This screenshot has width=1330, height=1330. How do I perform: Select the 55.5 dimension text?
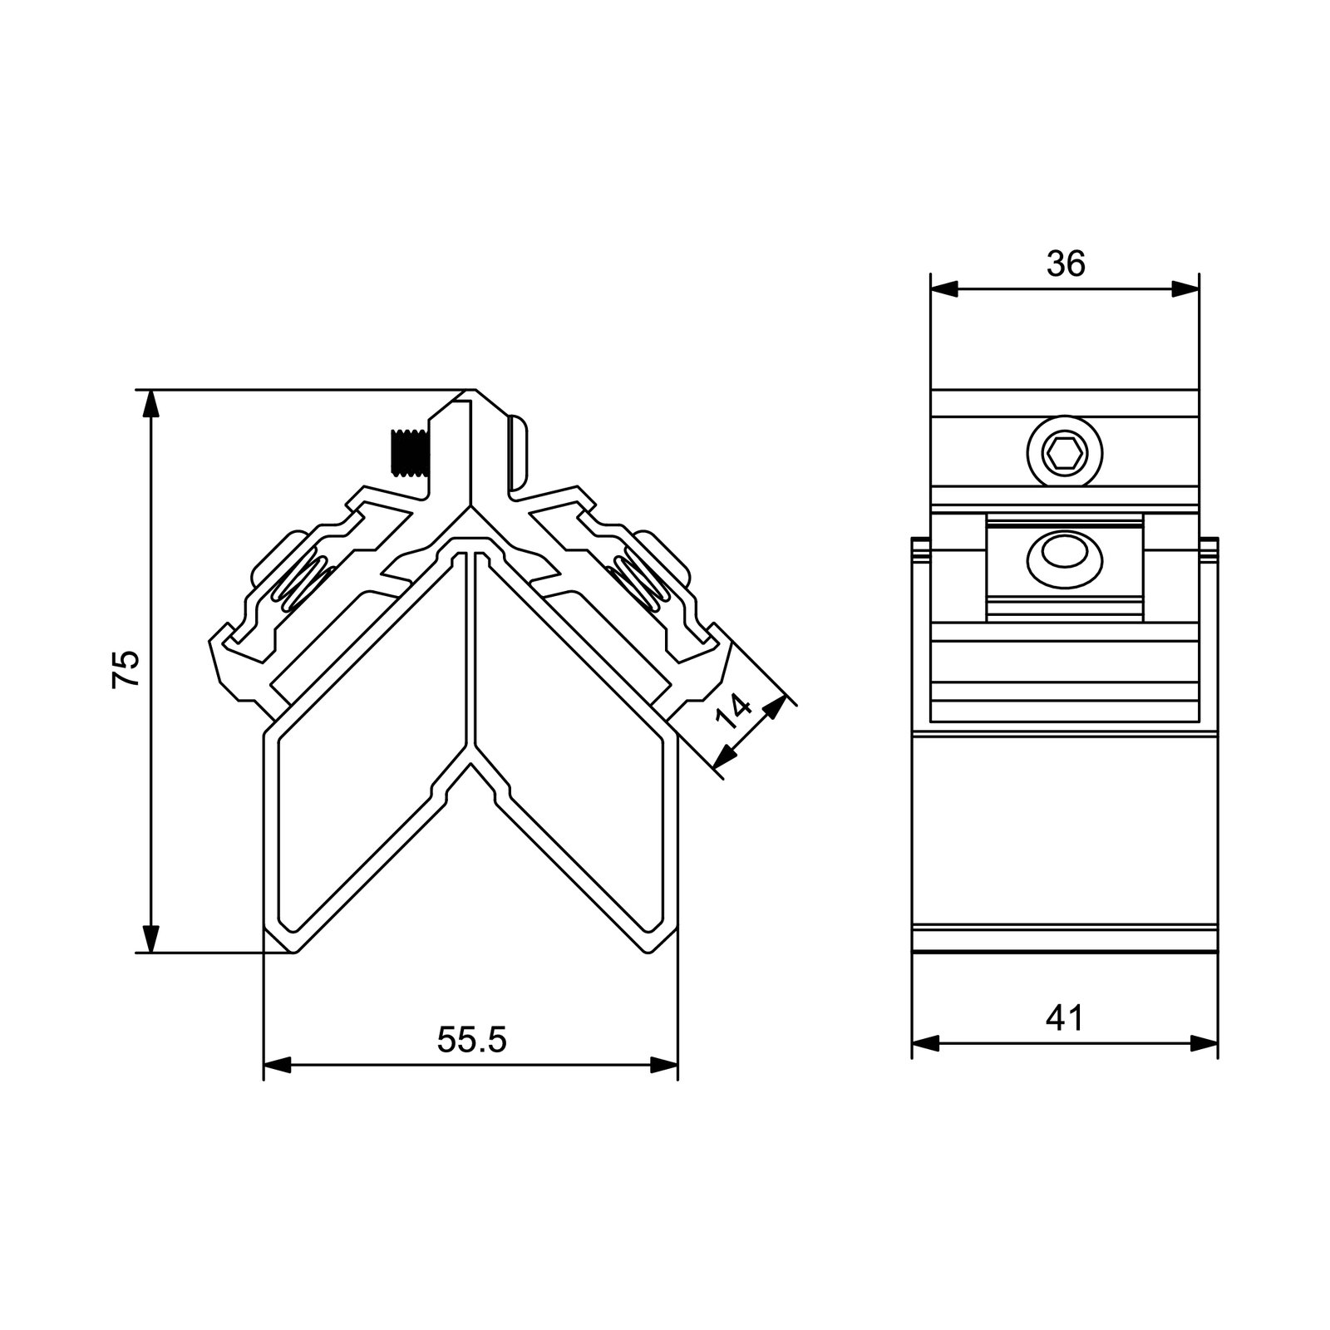[471, 1040]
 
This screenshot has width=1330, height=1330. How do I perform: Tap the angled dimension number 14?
[735, 712]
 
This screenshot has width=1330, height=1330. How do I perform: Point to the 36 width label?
[1066, 264]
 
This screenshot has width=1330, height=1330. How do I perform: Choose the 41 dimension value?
[1066, 1017]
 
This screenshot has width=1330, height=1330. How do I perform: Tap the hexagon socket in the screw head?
[1065, 455]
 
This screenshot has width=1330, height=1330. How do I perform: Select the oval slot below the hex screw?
[1065, 552]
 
